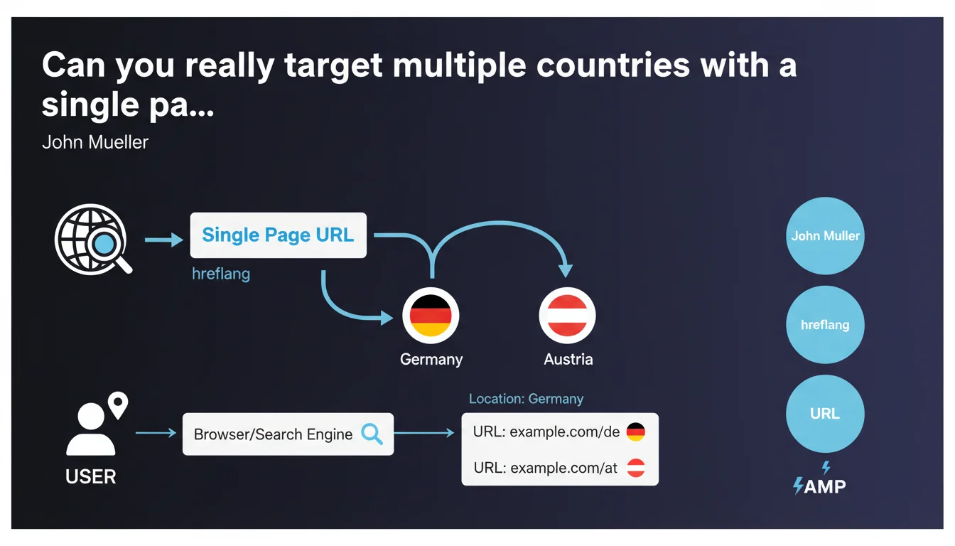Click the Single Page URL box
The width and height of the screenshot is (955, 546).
click(278, 235)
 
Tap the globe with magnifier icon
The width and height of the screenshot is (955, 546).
click(93, 240)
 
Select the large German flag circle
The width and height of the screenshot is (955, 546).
click(431, 315)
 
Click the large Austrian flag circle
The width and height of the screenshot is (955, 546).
click(567, 315)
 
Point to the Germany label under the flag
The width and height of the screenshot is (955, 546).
click(431, 360)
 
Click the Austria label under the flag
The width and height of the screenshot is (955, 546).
click(568, 359)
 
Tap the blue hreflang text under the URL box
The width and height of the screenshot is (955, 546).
click(221, 274)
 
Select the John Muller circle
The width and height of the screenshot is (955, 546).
click(825, 235)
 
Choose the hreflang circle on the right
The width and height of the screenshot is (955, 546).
click(825, 325)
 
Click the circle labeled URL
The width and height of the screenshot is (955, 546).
click(825, 413)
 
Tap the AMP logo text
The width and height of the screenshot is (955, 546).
click(824, 486)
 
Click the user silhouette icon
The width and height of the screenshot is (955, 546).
click(91, 429)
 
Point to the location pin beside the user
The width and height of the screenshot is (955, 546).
click(118, 405)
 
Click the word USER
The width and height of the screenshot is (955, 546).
click(90, 476)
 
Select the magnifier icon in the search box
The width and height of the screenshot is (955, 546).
click(372, 434)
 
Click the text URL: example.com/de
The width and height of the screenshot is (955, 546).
click(546, 432)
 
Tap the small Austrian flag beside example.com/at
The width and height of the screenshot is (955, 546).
click(636, 468)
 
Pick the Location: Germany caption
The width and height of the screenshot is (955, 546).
click(526, 399)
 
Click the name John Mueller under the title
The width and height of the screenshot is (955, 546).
click(95, 142)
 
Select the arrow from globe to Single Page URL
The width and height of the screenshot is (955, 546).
click(163, 240)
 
